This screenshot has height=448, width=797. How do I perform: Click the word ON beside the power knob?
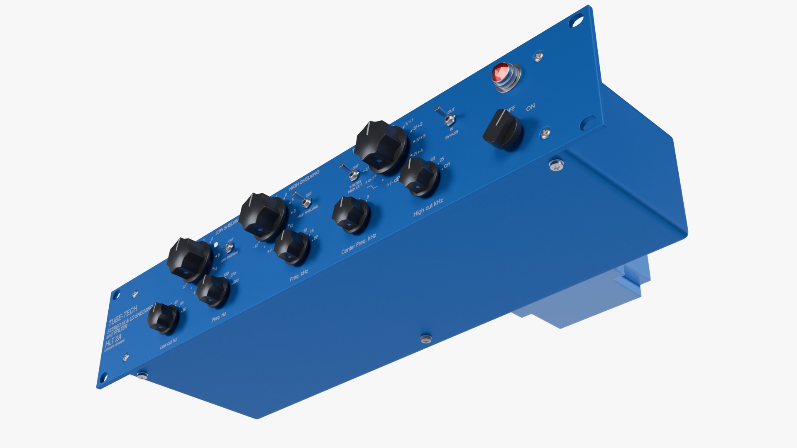(x=531, y=107)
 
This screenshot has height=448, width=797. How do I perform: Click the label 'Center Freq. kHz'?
(x=358, y=244)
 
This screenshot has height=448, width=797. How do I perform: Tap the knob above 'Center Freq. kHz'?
(x=350, y=214)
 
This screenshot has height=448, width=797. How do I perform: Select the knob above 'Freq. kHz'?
(x=292, y=247)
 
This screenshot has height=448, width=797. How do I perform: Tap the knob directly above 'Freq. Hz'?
(x=212, y=291)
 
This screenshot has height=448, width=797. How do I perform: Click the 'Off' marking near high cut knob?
(x=447, y=166)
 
